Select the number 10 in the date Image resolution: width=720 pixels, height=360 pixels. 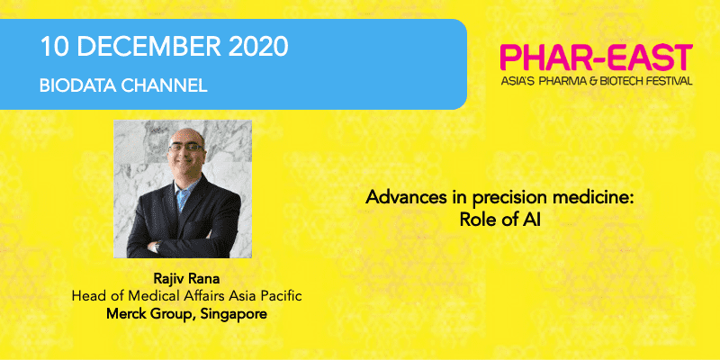pyautogui.click(x=55, y=47)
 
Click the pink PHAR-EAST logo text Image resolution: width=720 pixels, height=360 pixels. pyautogui.click(x=596, y=58)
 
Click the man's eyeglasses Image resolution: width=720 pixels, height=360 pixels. pyautogui.click(x=186, y=148)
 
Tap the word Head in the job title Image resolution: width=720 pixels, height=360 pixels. pyautogui.click(x=84, y=296)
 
